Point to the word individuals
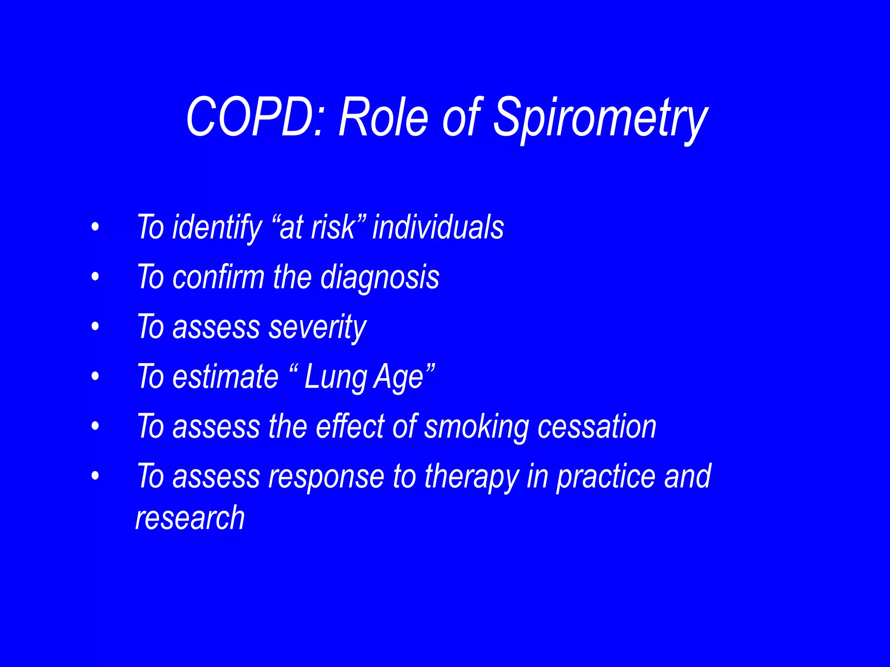coord(438,227)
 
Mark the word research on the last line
coord(190,518)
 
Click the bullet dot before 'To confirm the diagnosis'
coord(95,277)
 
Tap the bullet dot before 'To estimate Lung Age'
coord(95,376)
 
